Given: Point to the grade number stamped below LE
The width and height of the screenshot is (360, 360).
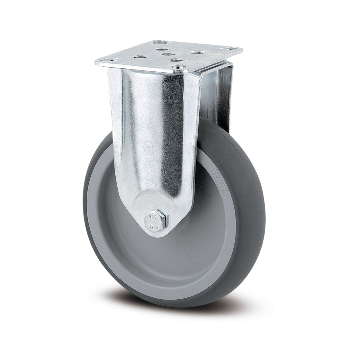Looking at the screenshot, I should (x=152, y=226).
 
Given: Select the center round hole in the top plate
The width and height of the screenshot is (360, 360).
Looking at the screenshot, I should (x=167, y=54).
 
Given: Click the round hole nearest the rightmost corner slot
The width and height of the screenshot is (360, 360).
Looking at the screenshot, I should (x=197, y=53).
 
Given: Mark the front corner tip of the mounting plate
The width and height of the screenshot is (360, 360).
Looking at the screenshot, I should (x=179, y=74).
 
